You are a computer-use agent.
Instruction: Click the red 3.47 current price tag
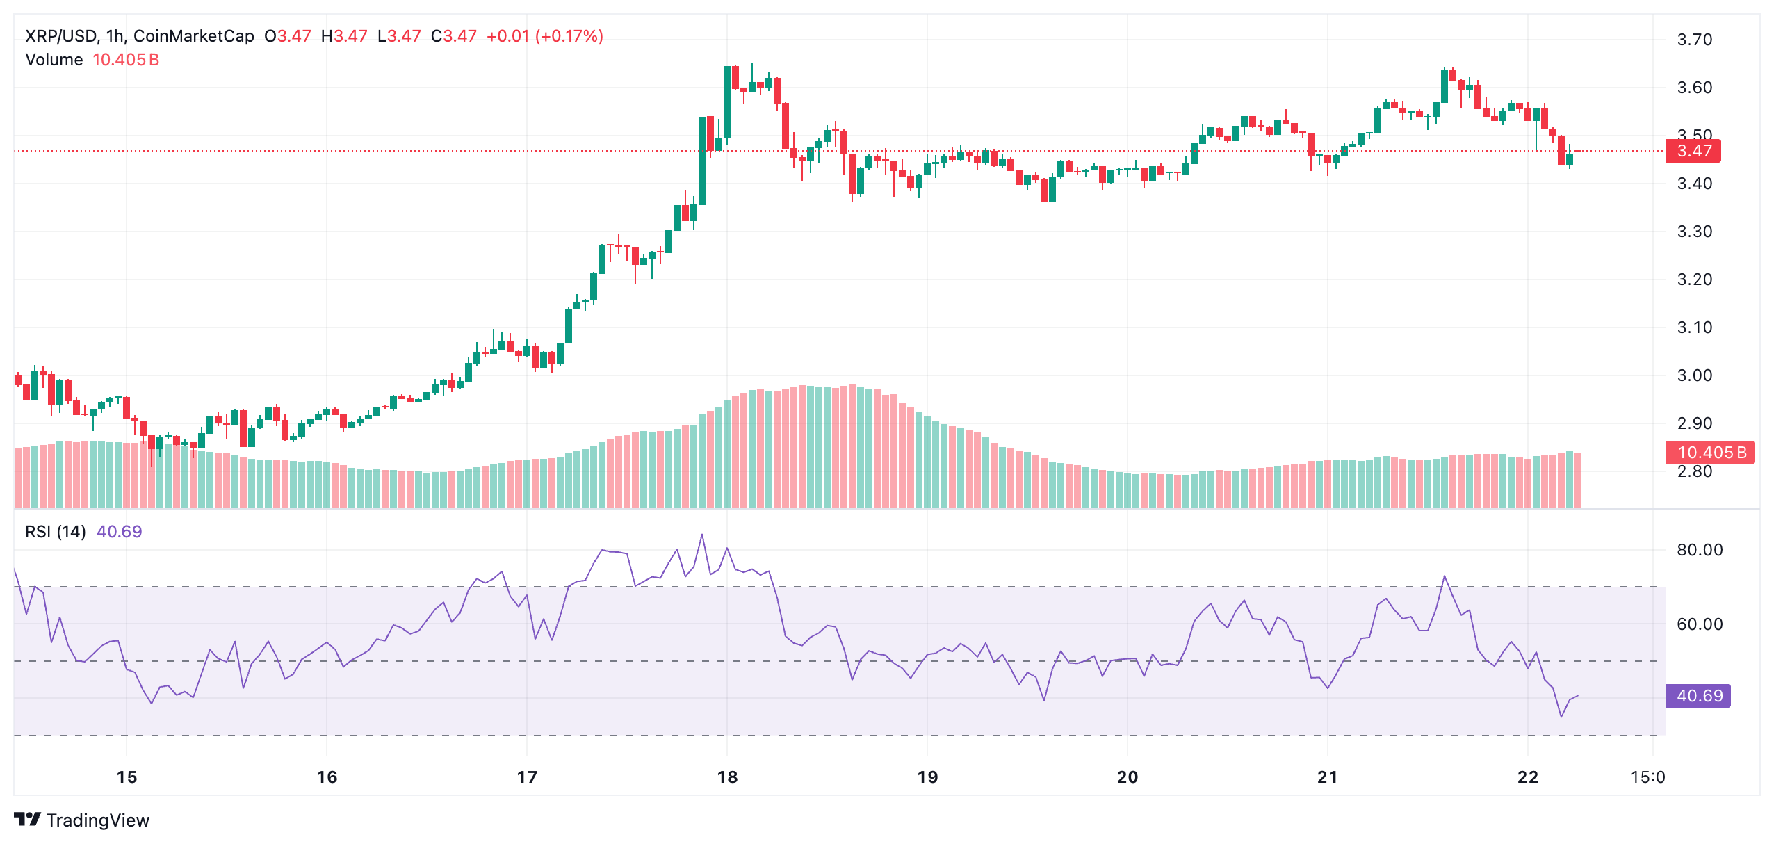pos(1693,151)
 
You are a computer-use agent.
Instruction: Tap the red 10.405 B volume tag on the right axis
pos(1709,453)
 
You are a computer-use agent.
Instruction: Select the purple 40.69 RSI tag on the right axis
pos(1698,696)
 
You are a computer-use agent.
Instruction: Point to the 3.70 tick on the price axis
pos(1694,40)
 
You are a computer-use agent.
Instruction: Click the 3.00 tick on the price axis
pos(1694,375)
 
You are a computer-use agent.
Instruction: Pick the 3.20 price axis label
pos(1694,279)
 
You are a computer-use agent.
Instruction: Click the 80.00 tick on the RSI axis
pos(1699,550)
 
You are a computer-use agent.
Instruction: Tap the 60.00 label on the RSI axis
pos(1699,624)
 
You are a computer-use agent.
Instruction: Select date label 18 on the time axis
pos(727,777)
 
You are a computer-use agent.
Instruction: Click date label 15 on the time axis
pos(127,777)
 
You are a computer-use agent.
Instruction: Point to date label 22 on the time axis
pos(1527,777)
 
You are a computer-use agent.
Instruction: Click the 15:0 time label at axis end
pos(1647,777)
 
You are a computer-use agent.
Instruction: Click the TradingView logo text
pos(97,820)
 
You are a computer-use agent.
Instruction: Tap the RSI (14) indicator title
pos(56,532)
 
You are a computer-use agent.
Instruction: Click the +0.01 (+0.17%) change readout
pos(544,36)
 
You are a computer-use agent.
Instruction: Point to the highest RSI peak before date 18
pos(702,535)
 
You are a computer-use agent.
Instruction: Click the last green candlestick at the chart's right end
pos(1570,159)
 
